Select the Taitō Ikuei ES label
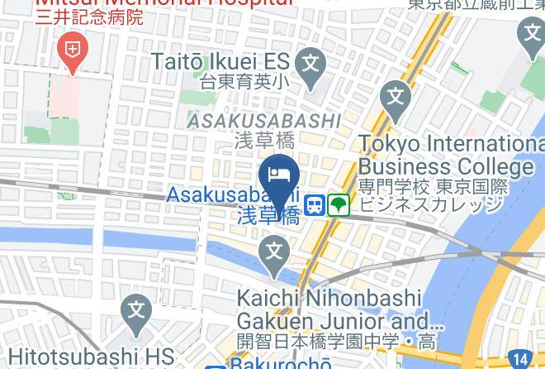pos(220,60)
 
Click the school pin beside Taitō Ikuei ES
pos(310,64)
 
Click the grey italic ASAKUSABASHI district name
pos(263,122)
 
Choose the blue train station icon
pos(315,204)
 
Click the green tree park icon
pos(338,204)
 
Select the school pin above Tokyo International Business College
pos(396,98)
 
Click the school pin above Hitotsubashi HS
pos(135,314)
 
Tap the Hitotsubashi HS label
pos(87,356)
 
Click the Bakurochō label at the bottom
pos(281,363)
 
